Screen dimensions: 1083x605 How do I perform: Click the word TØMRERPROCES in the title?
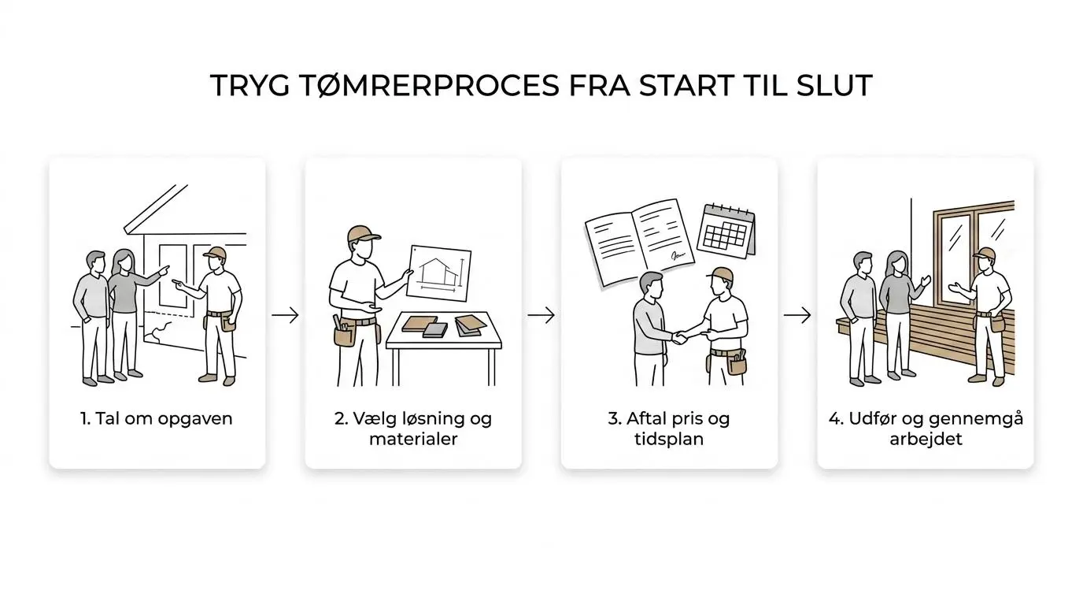[426, 85]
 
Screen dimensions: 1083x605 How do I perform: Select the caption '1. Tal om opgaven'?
[156, 419]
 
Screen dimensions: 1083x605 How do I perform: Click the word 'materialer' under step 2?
[413, 439]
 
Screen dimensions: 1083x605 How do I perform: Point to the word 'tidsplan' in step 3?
[669, 440]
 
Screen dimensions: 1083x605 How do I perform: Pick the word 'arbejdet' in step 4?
[926, 440]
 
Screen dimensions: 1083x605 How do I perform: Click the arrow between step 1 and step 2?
[285, 315]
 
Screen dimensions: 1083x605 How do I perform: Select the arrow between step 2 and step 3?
[541, 315]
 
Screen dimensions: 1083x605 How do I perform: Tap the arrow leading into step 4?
[797, 315]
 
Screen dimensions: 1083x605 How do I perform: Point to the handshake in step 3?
[680, 337]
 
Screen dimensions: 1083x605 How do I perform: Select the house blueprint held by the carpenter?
[438, 273]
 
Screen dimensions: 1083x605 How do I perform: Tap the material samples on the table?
[444, 325]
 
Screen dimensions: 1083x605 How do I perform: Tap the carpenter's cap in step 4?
[984, 253]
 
